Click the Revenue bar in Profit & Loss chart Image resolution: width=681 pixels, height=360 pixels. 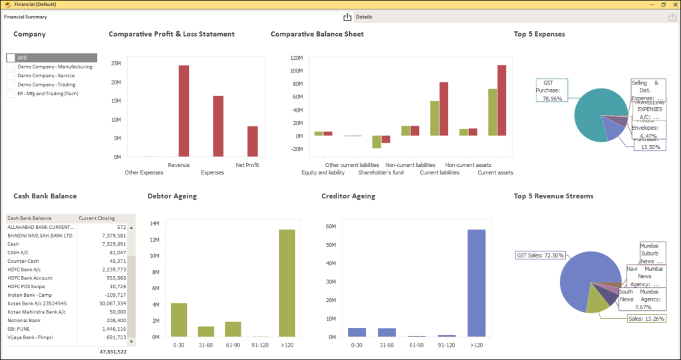[x=179, y=110]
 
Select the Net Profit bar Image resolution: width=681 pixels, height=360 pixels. [x=252, y=141]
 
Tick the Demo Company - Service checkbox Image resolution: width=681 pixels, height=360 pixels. [x=11, y=76]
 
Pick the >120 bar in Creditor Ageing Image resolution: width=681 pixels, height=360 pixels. [x=476, y=283]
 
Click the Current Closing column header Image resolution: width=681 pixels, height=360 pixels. [x=97, y=218]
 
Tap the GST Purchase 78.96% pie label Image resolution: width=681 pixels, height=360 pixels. [x=551, y=90]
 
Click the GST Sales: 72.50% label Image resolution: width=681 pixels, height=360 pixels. [x=540, y=256]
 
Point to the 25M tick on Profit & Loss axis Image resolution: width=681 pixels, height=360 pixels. [x=116, y=64]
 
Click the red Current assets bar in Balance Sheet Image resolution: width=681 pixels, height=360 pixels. [x=501, y=100]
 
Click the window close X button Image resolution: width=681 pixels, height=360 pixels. [x=673, y=4]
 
